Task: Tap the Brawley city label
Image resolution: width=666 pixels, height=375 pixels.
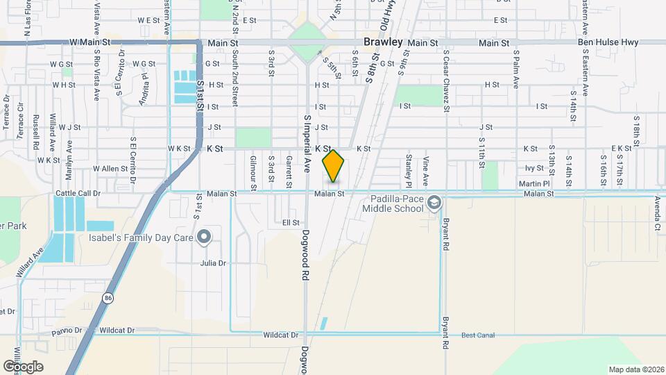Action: click(x=382, y=42)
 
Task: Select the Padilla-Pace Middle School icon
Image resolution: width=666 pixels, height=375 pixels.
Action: click(x=434, y=203)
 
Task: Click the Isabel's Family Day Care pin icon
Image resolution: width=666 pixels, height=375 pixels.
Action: click(x=203, y=237)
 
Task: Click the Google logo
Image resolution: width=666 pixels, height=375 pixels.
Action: click(x=23, y=366)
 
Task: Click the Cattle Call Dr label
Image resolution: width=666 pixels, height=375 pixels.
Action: click(x=78, y=193)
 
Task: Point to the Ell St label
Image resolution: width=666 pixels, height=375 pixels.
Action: click(x=291, y=223)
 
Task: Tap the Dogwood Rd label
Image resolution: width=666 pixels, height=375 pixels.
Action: click(x=305, y=256)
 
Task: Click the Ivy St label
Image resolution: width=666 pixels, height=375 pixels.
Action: click(x=533, y=168)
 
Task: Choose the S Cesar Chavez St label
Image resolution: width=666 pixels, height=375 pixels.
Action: click(x=446, y=81)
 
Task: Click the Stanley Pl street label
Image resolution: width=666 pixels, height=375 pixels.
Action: click(x=408, y=165)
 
